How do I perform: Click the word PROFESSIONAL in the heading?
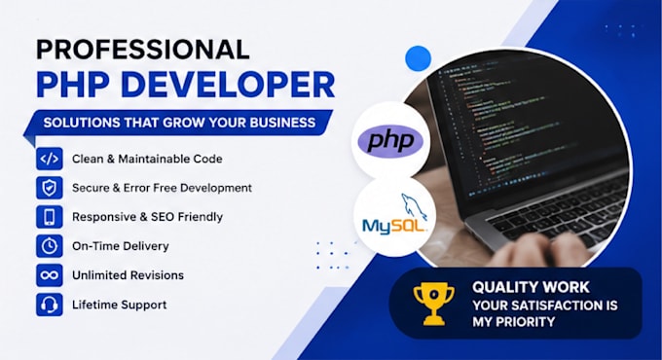[143, 50]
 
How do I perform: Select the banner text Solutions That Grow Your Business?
[179, 123]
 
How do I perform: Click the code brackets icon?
[50, 159]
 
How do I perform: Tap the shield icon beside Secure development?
[50, 188]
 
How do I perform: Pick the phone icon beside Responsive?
[50, 217]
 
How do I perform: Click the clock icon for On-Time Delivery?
[50, 246]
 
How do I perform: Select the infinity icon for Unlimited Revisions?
[50, 275]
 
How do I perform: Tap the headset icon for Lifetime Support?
[50, 305]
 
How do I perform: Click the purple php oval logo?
[390, 141]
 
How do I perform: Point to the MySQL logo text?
[394, 226]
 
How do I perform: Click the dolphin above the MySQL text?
[414, 206]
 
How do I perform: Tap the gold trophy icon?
[433, 304]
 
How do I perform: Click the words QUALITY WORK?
[531, 287]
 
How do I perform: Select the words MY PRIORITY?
[514, 322]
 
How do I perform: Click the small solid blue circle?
[418, 58]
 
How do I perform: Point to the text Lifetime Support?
[119, 305]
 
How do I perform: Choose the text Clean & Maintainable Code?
[147, 159]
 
